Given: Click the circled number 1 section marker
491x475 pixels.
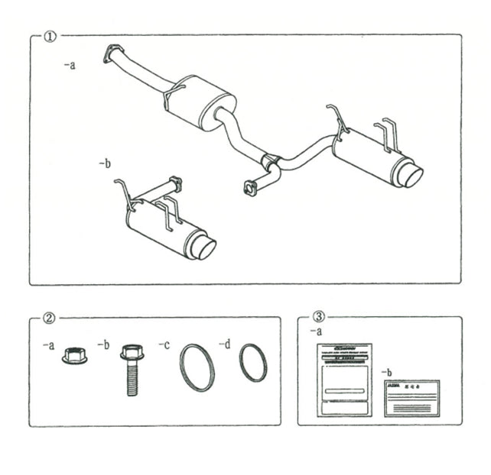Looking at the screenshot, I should pyautogui.click(x=50, y=35).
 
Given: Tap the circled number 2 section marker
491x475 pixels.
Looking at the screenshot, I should pyautogui.click(x=50, y=318).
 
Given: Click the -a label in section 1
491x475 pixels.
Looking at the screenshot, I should pyautogui.click(x=70, y=66).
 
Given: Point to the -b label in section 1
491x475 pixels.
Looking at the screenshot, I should pyautogui.click(x=105, y=163).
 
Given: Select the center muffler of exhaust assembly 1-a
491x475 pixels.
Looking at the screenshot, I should pyautogui.click(x=200, y=102).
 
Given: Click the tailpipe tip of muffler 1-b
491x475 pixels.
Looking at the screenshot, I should pyautogui.click(x=204, y=247).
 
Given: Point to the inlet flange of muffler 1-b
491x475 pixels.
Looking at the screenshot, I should pyautogui.click(x=175, y=183).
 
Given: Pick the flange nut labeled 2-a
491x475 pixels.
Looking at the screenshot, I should pyautogui.click(x=74, y=356).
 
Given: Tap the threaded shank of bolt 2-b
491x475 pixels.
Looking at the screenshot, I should pyautogui.click(x=132, y=380).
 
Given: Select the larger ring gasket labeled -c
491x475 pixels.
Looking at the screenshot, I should pyautogui.click(x=197, y=367).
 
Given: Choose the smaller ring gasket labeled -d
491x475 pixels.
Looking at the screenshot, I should pyautogui.click(x=253, y=362).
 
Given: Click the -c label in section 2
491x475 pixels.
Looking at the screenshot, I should pyautogui.click(x=164, y=345).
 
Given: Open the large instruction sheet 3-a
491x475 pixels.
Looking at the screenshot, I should pyautogui.click(x=344, y=380).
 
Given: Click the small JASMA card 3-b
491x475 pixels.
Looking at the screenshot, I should pyautogui.click(x=411, y=397).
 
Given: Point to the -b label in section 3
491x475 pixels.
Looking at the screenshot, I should pyautogui.click(x=388, y=372).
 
